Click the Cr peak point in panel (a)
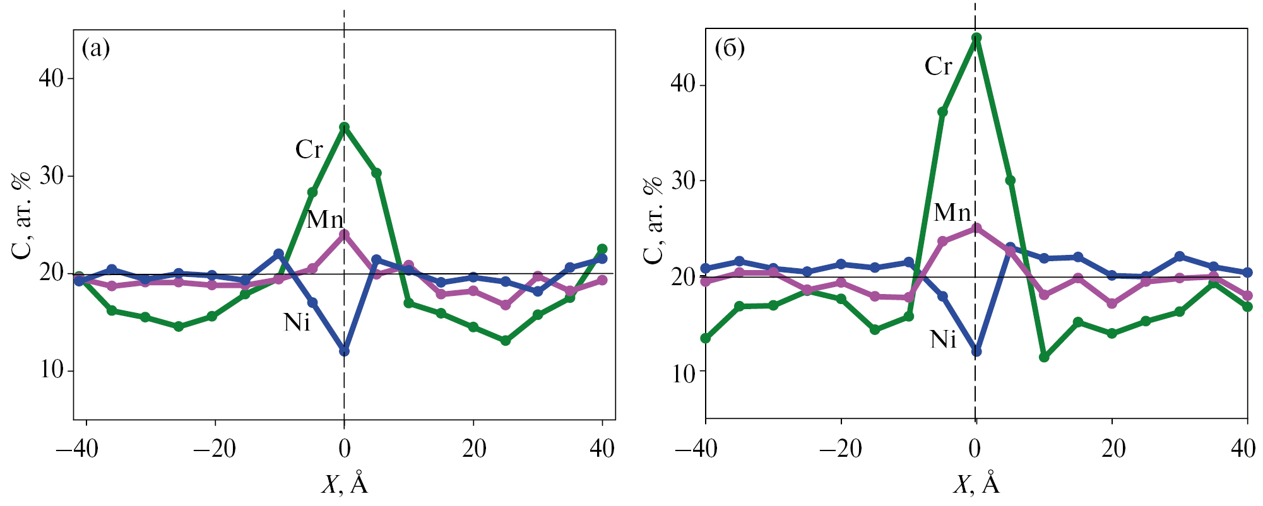pyautogui.click(x=344, y=127)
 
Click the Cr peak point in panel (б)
pyautogui.click(x=976, y=37)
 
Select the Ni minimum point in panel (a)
pyautogui.click(x=344, y=351)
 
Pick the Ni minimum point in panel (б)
pyautogui.click(x=976, y=351)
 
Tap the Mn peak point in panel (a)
pyautogui.click(x=344, y=235)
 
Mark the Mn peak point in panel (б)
pyautogui.click(x=976, y=228)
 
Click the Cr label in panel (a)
pyautogui.click(x=309, y=150)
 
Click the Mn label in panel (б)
pyautogui.click(x=952, y=213)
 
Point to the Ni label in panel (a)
pyautogui.click(x=297, y=323)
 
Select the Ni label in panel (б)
pyautogui.click(x=943, y=340)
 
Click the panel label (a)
pyautogui.click(x=96, y=49)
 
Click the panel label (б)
pyautogui.click(x=729, y=49)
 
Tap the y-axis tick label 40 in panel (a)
pyautogui.click(x=52, y=79)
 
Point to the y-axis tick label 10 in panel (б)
pyautogui.click(x=684, y=373)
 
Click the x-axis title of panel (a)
pyautogui.click(x=345, y=485)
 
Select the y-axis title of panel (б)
pyautogui.click(x=654, y=220)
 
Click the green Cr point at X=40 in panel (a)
pyautogui.click(x=602, y=249)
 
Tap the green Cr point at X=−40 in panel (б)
pyautogui.click(x=706, y=339)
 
